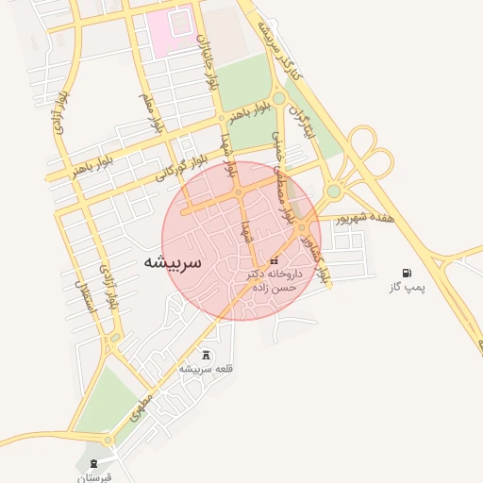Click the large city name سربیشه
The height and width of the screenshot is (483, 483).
[173, 262]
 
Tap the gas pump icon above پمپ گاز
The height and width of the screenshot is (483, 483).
[407, 273]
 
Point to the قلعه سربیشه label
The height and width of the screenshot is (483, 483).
[206, 368]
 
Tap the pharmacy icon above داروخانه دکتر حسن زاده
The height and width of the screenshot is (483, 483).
[275, 260]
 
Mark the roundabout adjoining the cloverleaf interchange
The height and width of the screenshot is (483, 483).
[333, 192]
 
